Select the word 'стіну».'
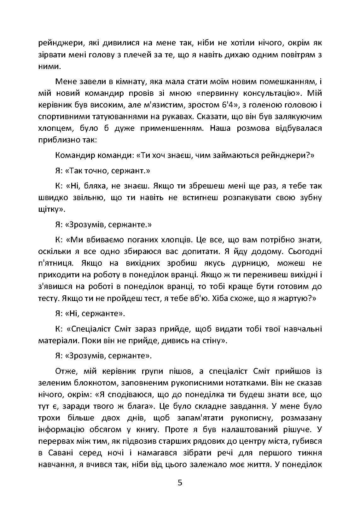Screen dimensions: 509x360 pyautogui.click(x=211, y=341)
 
